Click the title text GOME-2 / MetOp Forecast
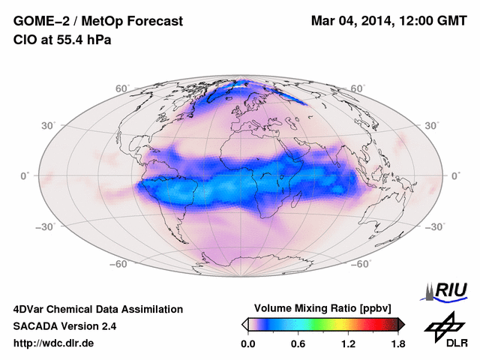[x=97, y=22]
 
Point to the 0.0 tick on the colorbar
[x=248, y=344]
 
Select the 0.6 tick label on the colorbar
[x=298, y=344]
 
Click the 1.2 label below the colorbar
[x=348, y=344]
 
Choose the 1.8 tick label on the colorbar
[x=397, y=344]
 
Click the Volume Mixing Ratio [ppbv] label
[x=324, y=308]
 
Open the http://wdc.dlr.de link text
[x=53, y=343]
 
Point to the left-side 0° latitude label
[x=25, y=175]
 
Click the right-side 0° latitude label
[x=455, y=175]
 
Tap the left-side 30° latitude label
[x=47, y=125]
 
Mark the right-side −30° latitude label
[x=434, y=226]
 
